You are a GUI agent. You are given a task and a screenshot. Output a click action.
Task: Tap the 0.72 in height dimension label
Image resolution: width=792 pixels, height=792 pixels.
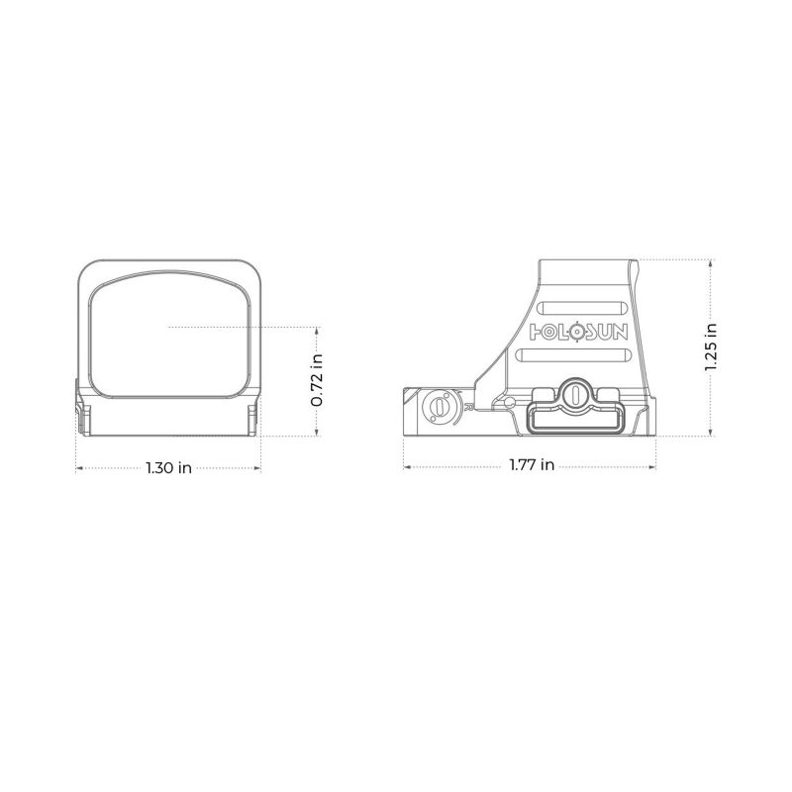[318, 380]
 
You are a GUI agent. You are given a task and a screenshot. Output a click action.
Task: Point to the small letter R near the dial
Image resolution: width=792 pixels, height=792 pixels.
[464, 405]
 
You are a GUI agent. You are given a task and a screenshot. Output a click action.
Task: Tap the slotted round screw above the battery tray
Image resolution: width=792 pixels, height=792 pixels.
[573, 393]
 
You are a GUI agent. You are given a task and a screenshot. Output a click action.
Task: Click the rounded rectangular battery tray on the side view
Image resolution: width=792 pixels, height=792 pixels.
[573, 419]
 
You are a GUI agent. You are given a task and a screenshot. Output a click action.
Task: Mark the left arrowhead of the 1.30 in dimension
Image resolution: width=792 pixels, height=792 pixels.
[79, 468]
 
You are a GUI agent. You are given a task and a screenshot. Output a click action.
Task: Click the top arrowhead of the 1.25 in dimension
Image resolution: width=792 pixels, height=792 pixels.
[711, 262]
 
